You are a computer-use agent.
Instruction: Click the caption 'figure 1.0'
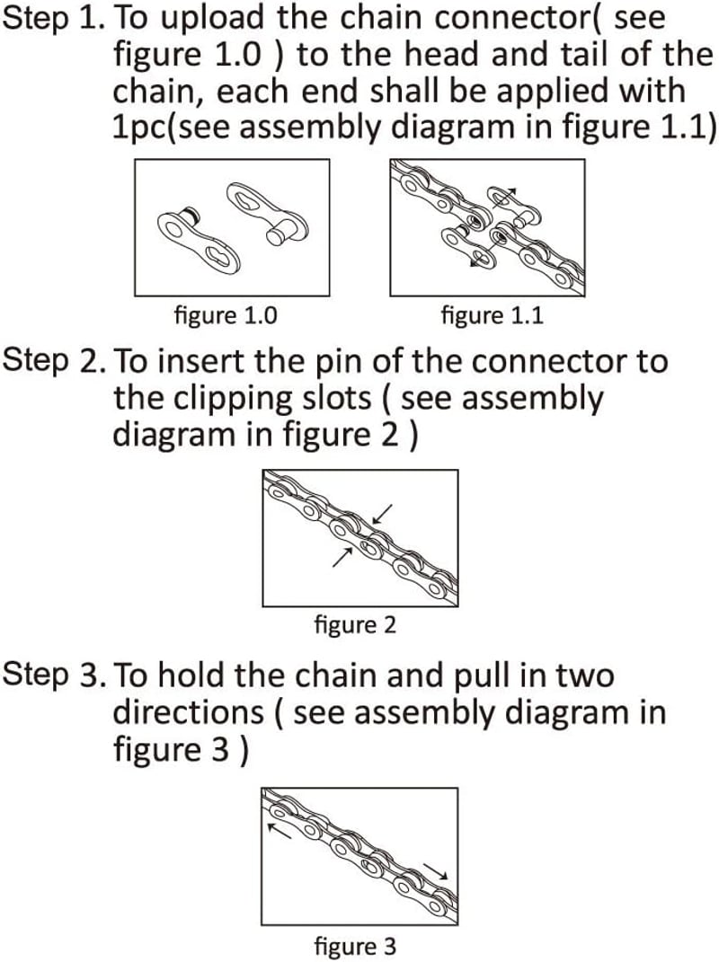226,315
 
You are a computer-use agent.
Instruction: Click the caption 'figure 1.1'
492,315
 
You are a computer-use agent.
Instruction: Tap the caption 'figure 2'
355,624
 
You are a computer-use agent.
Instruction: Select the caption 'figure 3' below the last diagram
355,946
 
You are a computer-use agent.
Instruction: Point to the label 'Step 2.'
50,361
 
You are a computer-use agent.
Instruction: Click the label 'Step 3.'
50,675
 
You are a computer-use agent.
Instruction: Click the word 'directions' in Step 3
189,712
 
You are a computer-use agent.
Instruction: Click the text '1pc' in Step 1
138,128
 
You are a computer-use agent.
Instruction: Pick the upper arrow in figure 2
383,514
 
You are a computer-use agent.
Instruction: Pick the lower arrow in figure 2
343,556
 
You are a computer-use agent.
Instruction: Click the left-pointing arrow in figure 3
280,832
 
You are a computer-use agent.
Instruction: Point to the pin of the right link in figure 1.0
277,234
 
